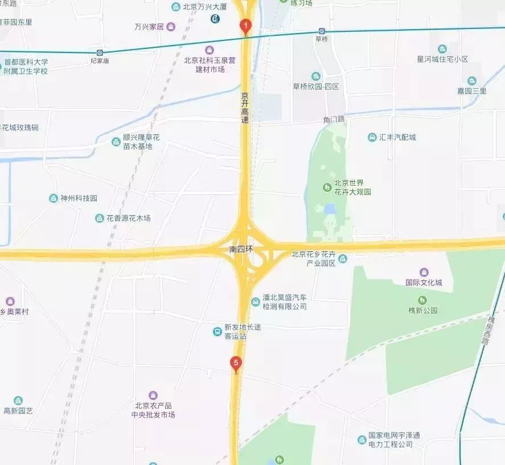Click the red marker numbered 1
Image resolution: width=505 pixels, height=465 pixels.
point(245,26)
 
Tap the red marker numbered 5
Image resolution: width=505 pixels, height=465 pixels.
point(236,363)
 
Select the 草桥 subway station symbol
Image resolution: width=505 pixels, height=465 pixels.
point(322,31)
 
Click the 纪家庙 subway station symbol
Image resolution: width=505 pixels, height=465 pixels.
point(100,52)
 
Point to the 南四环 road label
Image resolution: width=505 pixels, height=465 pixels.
point(241,250)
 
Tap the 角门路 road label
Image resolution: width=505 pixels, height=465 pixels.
point(334,119)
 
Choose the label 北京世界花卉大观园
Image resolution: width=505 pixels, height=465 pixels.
point(352,187)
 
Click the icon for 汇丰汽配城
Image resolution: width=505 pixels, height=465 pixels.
point(372,137)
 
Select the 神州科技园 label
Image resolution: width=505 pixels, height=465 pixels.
point(79,198)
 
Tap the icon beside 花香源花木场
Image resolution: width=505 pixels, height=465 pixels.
point(100,218)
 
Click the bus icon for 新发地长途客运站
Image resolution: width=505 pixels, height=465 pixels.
point(217,332)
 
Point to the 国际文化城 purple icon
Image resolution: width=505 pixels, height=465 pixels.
point(424,272)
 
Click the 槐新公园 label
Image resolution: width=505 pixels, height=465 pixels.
point(422,311)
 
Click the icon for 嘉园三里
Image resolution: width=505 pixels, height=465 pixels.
point(471,81)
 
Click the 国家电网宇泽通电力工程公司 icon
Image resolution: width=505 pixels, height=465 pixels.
point(362,439)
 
